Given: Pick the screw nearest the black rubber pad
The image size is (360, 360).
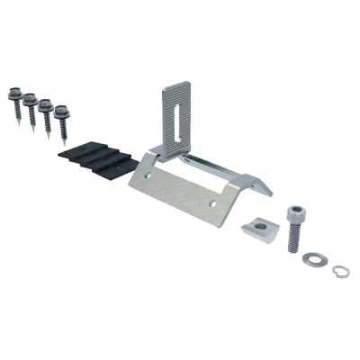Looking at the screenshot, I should pyautogui.click(x=61, y=123).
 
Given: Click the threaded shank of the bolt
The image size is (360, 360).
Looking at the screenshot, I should pyautogui.click(x=293, y=238).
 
